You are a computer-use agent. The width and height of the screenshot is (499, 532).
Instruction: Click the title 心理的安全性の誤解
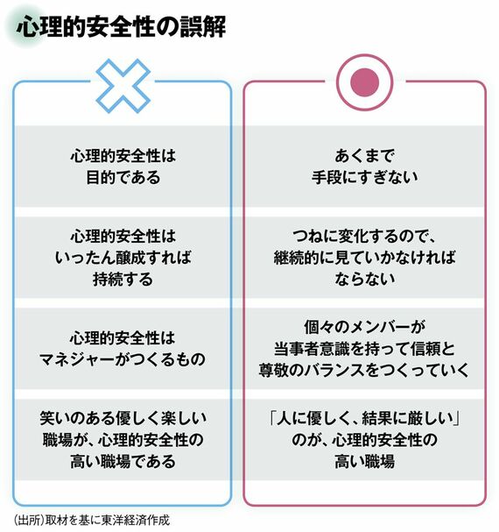pos(121,27)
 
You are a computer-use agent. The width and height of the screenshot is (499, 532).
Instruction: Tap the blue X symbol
pos(123,86)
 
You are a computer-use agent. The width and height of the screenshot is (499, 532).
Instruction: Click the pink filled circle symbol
pos(365,82)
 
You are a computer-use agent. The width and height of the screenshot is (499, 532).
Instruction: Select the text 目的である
pos(123,177)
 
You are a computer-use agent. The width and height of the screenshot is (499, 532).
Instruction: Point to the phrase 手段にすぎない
pos(365,177)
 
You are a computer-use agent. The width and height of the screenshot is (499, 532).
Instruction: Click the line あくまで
pos(365,156)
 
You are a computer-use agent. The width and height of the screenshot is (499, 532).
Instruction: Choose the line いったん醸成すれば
pos(123,258)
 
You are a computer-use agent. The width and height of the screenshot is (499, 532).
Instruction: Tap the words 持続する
pos(123,280)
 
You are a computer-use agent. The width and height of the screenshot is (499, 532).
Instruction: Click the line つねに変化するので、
pos(365,237)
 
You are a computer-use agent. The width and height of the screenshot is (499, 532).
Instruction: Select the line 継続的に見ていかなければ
pos(365,258)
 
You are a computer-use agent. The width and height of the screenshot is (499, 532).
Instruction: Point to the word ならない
pos(365,280)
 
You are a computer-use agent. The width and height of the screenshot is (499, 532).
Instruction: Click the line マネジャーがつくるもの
pos(123,359)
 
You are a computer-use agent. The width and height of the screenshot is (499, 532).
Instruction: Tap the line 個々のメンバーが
pos(365,328)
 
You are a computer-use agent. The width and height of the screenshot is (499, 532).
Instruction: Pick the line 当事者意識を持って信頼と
pos(365,349)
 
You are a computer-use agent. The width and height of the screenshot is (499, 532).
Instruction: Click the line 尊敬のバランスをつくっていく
pos(364,370)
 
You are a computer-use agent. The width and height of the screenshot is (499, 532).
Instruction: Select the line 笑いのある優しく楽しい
pos(123,418)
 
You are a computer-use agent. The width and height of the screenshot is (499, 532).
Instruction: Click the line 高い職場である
pos(123,461)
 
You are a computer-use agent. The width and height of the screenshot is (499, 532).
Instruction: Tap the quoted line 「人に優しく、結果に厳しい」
pos(365,418)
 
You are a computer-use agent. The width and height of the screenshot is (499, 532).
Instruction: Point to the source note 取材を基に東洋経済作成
pos(108,520)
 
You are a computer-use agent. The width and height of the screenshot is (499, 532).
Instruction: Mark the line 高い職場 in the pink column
pos(365,461)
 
